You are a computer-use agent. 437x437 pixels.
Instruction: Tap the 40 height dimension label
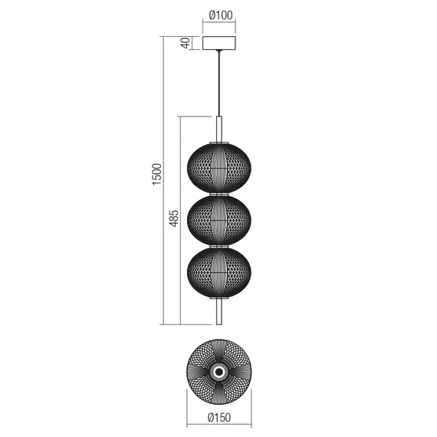(185, 43)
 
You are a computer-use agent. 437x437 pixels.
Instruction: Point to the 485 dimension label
(175, 219)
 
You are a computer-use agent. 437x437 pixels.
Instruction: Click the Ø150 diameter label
(219, 419)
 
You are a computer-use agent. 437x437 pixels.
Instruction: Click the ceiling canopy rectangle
(220, 43)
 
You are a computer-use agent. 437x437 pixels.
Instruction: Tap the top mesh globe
(220, 169)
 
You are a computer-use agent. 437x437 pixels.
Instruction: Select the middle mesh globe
(220, 220)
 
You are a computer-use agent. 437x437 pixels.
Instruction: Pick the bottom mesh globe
(220, 271)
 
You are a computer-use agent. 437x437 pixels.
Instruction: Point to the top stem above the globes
(220, 129)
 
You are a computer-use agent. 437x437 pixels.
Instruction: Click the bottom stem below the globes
(220, 310)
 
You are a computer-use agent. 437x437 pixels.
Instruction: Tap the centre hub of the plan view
(220, 372)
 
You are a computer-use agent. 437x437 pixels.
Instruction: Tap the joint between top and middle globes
(220, 195)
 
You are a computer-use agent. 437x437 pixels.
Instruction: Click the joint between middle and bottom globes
(220, 246)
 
